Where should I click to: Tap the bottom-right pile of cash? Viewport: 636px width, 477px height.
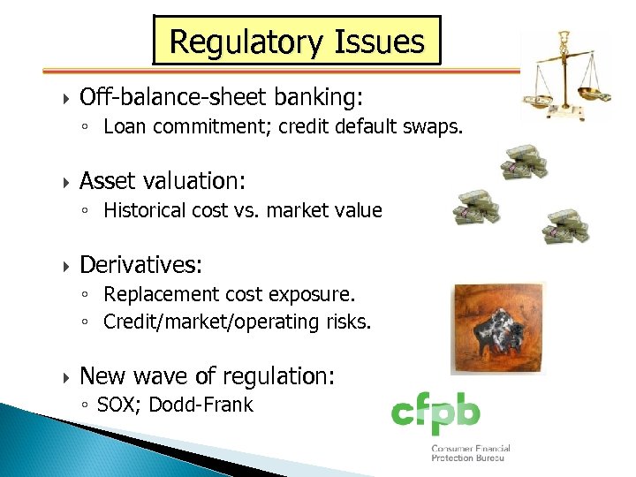565,226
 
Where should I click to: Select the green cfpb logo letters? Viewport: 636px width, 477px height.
436,413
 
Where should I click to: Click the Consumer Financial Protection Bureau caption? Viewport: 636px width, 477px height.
470,453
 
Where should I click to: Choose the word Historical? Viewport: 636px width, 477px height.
144,210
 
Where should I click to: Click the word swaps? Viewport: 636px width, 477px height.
433,126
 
